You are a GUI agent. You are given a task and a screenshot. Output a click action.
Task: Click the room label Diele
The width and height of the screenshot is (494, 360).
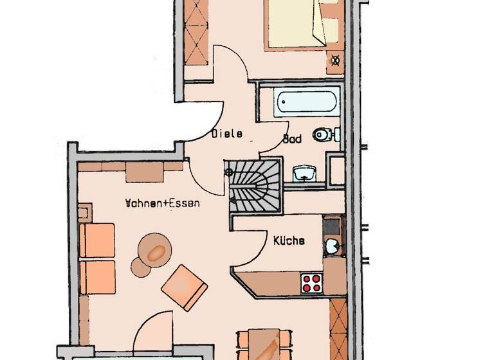[226, 134]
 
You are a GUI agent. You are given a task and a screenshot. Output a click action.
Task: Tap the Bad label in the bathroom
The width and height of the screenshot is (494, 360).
[293, 139]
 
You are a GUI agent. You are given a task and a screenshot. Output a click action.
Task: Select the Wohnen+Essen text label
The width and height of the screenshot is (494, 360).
[162, 204]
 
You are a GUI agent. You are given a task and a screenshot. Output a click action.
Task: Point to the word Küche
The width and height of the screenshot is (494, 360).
[289, 241]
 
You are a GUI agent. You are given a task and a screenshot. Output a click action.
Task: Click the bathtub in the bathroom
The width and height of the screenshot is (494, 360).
[306, 102]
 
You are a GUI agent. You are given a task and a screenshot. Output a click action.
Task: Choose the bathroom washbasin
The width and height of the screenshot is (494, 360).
[304, 173]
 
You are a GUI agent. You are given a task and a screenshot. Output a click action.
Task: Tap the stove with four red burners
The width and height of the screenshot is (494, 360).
[311, 283]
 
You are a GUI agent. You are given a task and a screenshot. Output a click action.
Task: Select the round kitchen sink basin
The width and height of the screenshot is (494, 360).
[333, 245]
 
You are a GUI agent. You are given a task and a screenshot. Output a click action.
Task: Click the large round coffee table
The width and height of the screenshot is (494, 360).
[155, 249]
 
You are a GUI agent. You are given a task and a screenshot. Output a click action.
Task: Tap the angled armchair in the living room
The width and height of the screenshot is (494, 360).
[184, 286]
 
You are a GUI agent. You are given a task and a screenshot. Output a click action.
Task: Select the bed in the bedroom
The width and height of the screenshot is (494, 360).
[295, 23]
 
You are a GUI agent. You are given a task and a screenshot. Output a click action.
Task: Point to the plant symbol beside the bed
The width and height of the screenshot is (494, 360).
[334, 62]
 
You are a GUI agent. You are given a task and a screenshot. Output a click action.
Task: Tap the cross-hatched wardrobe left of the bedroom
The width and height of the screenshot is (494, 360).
[196, 30]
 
